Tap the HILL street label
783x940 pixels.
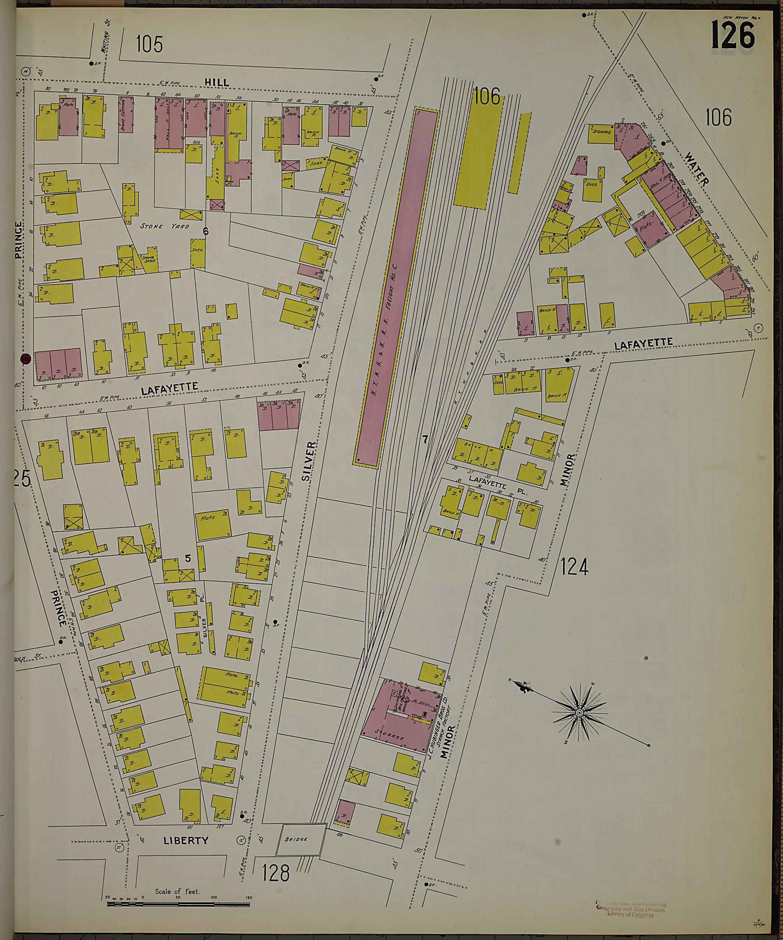(217, 83)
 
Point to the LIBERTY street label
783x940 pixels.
(186, 840)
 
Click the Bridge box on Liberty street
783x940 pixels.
(303, 839)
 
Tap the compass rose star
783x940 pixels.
(579, 712)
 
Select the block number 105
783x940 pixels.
(149, 44)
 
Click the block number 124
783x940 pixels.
(574, 568)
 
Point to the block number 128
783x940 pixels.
(276, 873)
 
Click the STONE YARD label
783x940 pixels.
(164, 226)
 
